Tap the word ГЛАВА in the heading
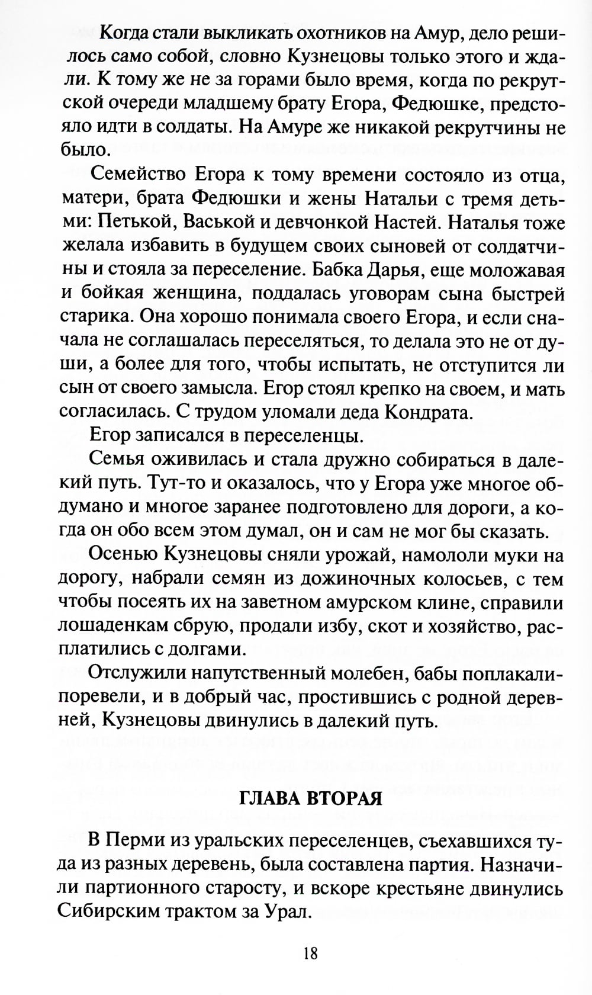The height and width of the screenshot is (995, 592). tap(268, 798)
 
